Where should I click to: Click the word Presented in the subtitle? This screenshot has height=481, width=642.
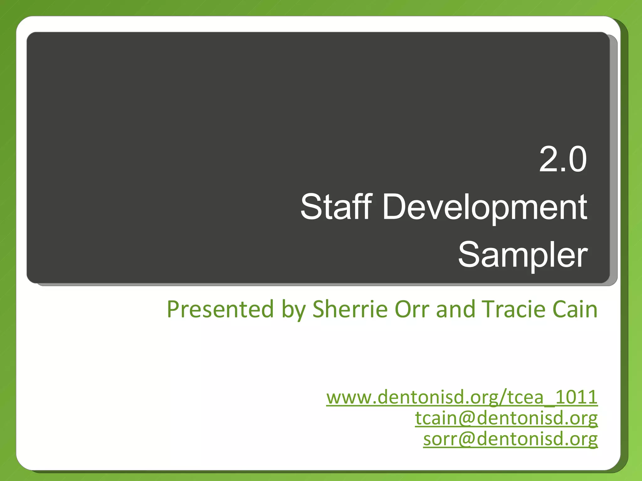point(220,309)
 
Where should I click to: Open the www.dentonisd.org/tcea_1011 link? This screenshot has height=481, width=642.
point(462,397)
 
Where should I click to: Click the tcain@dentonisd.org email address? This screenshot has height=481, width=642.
point(506,418)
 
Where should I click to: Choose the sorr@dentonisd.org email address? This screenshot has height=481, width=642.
point(510,439)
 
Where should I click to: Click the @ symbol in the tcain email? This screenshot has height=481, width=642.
point(467,418)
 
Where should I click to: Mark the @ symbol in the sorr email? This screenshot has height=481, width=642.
point(467,439)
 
